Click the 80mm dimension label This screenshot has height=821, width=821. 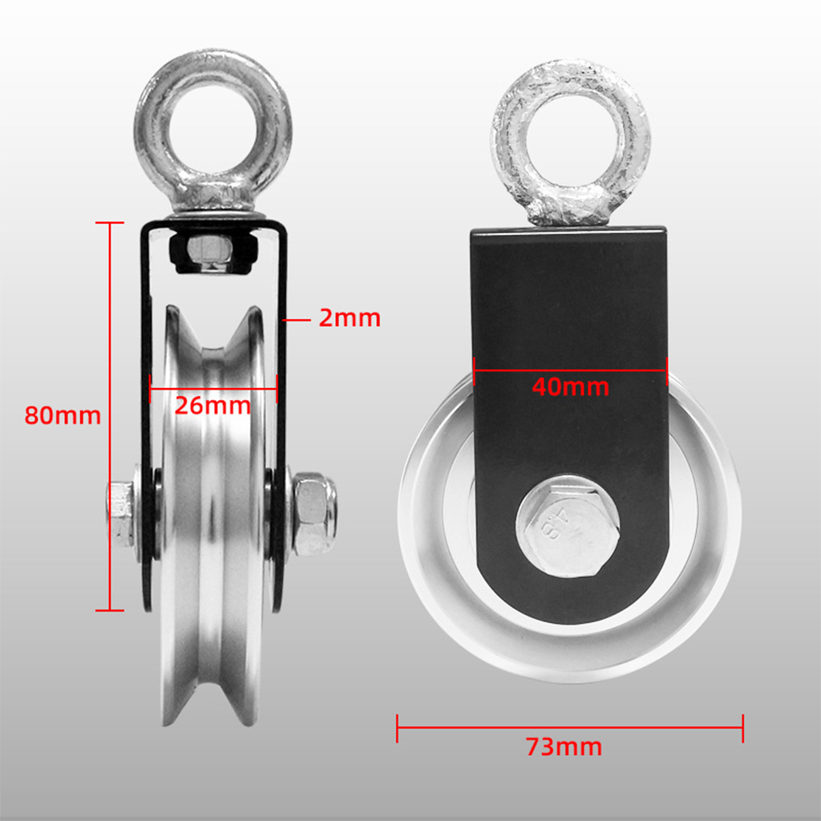pos(63,416)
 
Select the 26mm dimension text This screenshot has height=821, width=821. pos(212,405)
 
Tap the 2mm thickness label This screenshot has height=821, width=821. pos(350,318)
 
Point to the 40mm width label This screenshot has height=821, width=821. pos(570,387)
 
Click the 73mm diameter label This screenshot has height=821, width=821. pos(564,747)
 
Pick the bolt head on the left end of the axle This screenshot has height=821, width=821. pos(120,513)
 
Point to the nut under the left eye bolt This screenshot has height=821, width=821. pos(212,251)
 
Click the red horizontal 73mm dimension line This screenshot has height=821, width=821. pos(570,728)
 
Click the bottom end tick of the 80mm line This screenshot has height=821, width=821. pos(110,610)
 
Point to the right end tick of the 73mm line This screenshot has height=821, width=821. pos(743,728)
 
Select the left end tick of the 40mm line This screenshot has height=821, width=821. pos(475,370)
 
